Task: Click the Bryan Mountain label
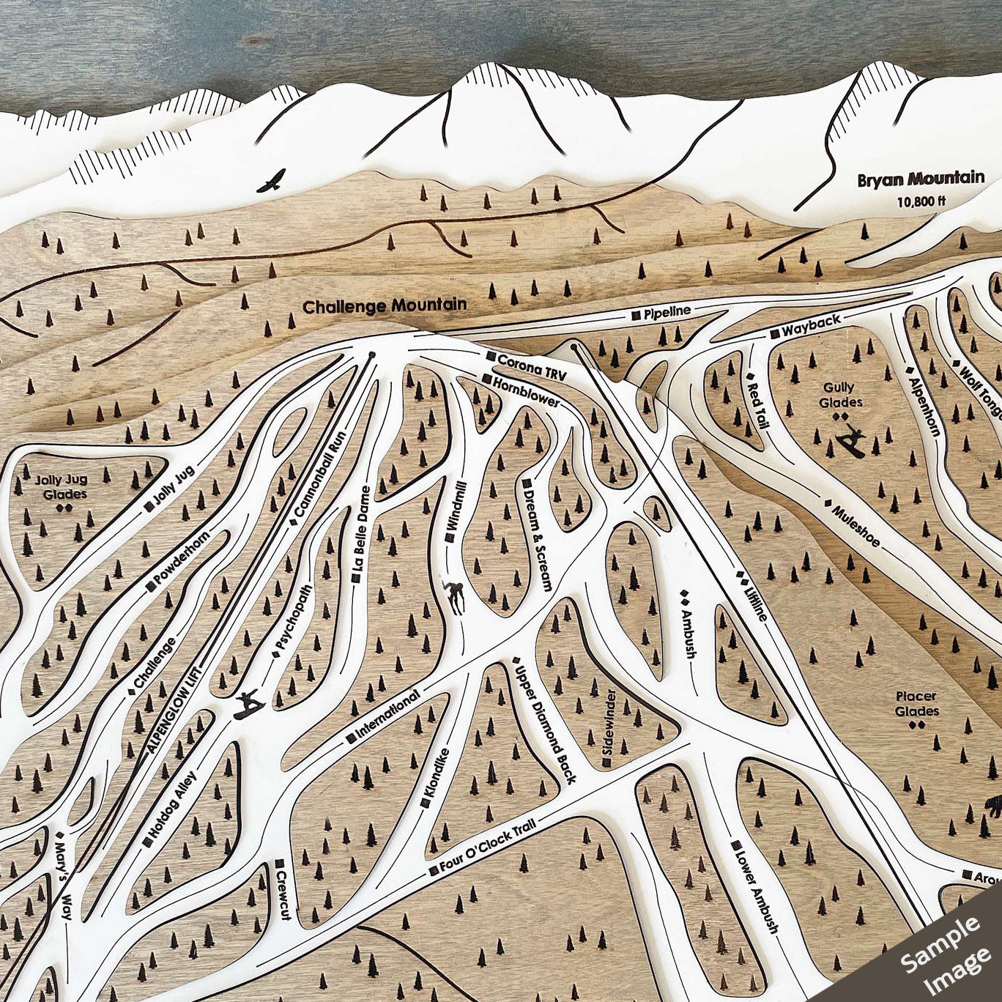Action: click(921, 178)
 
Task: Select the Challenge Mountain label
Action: click(385, 305)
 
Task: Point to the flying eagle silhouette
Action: click(272, 180)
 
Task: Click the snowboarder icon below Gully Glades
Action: click(853, 442)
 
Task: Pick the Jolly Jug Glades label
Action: click(61, 487)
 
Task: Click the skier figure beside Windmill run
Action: click(456, 596)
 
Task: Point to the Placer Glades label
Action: click(916, 704)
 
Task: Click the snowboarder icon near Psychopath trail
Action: click(248, 704)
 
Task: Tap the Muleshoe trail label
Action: click(855, 524)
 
